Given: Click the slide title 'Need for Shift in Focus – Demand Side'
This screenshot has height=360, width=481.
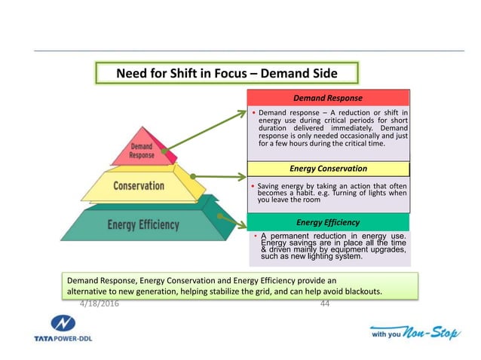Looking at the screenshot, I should click(226, 74).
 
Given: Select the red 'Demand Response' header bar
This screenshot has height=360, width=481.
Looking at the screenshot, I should click(328, 98).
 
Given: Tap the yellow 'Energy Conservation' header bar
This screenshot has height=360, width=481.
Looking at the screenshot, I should click(328, 169).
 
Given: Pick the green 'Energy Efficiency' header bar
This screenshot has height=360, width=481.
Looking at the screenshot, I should click(328, 223).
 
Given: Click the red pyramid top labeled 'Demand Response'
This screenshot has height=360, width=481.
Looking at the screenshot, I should click(142, 151).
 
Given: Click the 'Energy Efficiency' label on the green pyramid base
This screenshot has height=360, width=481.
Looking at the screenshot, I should click(143, 224).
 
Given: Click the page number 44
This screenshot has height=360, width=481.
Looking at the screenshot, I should click(326, 304).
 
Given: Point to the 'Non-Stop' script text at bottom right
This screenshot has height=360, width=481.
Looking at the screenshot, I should click(430, 331).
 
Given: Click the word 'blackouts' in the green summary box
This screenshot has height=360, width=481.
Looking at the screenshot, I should click(360, 291).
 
